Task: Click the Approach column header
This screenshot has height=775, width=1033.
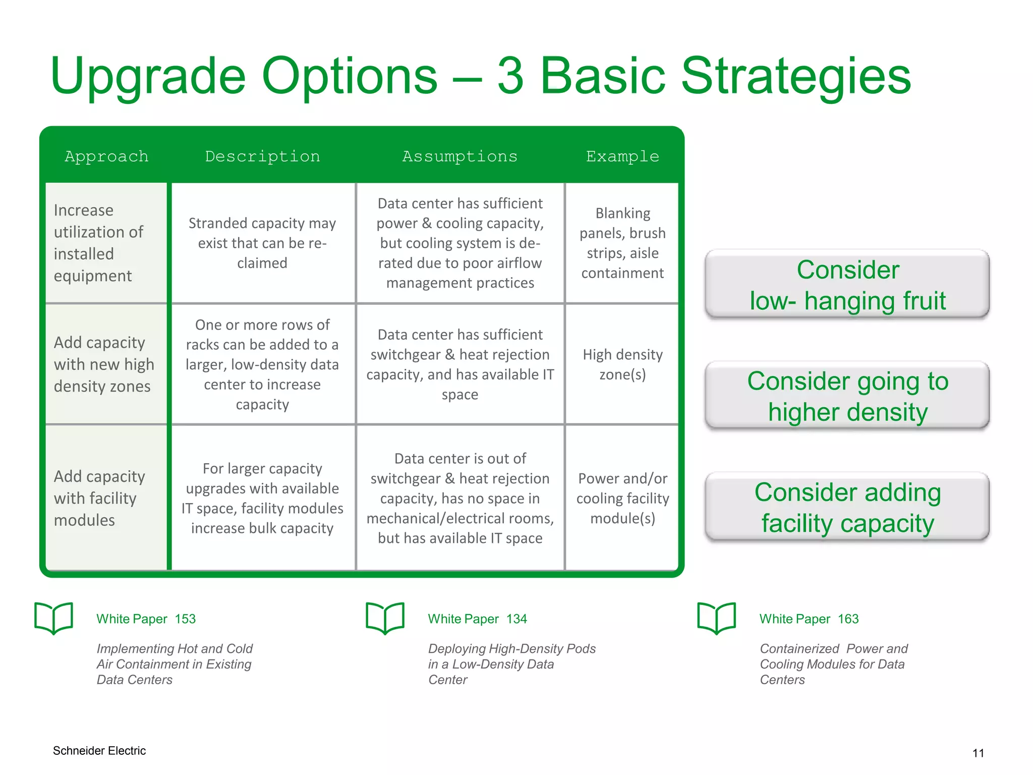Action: tap(106, 156)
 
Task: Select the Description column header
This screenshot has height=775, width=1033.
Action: tap(262, 156)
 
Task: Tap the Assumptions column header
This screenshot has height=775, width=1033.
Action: tap(460, 156)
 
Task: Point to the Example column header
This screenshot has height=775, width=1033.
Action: tap(622, 156)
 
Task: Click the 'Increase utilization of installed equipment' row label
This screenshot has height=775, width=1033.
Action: tap(99, 243)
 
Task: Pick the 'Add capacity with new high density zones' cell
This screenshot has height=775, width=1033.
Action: tap(104, 364)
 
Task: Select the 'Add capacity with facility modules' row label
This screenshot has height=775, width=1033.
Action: tap(99, 498)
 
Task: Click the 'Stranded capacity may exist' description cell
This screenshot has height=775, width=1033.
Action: tap(262, 243)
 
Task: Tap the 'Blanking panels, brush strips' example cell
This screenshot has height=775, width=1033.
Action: tap(622, 243)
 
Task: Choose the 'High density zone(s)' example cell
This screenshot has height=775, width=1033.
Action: tap(622, 364)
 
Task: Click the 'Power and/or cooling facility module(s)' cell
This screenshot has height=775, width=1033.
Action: tap(622, 498)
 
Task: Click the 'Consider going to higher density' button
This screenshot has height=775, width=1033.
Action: tap(847, 396)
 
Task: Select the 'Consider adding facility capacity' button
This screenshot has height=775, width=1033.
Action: tap(847, 507)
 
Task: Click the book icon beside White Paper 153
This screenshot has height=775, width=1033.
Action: tap(53, 618)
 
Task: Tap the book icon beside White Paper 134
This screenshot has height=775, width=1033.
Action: tap(385, 618)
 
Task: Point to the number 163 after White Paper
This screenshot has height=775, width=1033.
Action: tap(848, 619)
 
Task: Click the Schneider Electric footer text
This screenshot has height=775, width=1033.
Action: tap(99, 751)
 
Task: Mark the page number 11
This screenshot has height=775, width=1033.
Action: tap(978, 753)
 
